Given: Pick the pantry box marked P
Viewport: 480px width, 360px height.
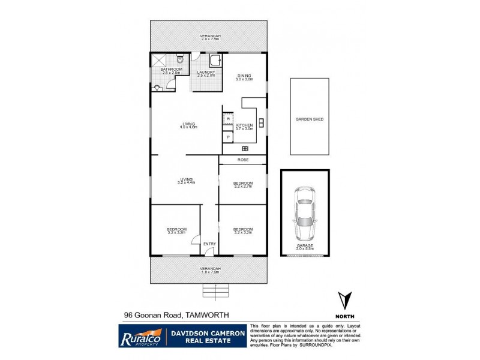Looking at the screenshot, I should click(x=228, y=137).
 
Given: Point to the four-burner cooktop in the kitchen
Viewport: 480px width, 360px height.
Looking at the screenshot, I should click(x=245, y=148).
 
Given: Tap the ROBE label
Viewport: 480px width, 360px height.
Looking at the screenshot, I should click(x=242, y=160).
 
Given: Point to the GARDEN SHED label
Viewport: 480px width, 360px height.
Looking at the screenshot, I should click(x=309, y=119).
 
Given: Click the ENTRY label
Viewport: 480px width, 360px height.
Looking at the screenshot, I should click(x=209, y=243).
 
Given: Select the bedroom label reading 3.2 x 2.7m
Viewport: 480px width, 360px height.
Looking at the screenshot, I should click(x=242, y=187).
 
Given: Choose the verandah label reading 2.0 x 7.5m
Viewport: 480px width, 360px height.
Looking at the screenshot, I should click(x=210, y=38).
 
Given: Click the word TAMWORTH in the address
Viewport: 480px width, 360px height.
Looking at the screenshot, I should click(x=206, y=314).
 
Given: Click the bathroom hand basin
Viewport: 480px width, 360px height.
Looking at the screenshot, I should click(x=157, y=88).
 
